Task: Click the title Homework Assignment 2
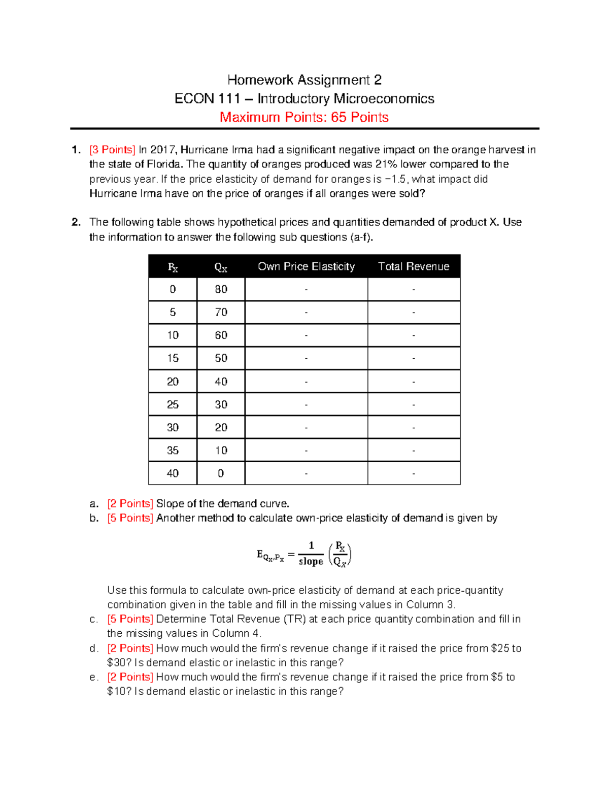point(304,80)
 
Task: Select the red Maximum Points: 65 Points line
point(304,117)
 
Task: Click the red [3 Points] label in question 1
point(112,150)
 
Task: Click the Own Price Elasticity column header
point(306,267)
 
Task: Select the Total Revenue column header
point(414,267)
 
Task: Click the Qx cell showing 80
point(221,289)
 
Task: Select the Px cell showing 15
point(173,358)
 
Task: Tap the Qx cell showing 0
point(221,473)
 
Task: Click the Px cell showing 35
point(173,451)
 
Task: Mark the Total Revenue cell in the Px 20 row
point(414,382)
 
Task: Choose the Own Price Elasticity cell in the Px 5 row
point(306,313)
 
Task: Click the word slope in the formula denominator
point(311,561)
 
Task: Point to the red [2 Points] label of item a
point(130,504)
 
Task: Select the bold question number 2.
point(76,222)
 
